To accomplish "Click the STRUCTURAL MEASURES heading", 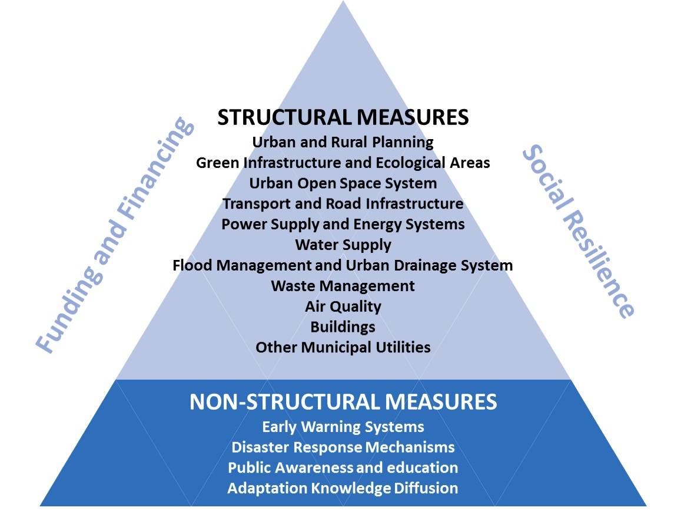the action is (x=343, y=117).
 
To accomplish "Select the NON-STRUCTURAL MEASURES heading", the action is (x=343, y=401).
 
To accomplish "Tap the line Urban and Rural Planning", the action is (x=343, y=142).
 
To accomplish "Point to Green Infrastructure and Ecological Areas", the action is (x=343, y=163).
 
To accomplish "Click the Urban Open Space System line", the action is (x=343, y=183).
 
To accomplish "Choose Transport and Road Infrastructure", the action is (x=343, y=203).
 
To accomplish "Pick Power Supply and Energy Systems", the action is (x=343, y=225).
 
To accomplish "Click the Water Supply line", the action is (x=343, y=245).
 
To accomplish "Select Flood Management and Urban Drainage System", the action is (x=343, y=265).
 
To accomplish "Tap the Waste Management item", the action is (x=343, y=286).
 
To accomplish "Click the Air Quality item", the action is (x=343, y=307).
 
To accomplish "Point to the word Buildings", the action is (x=343, y=327).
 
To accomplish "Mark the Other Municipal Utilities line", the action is (x=343, y=347).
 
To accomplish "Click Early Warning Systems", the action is (x=343, y=427).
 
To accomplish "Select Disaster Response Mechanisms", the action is (x=343, y=447).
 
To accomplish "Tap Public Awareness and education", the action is (x=343, y=467).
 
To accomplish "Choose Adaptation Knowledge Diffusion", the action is (x=343, y=488).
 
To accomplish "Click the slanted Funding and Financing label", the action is (x=115, y=235).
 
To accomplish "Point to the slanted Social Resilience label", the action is (x=579, y=231).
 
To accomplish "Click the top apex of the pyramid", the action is (x=343, y=1).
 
